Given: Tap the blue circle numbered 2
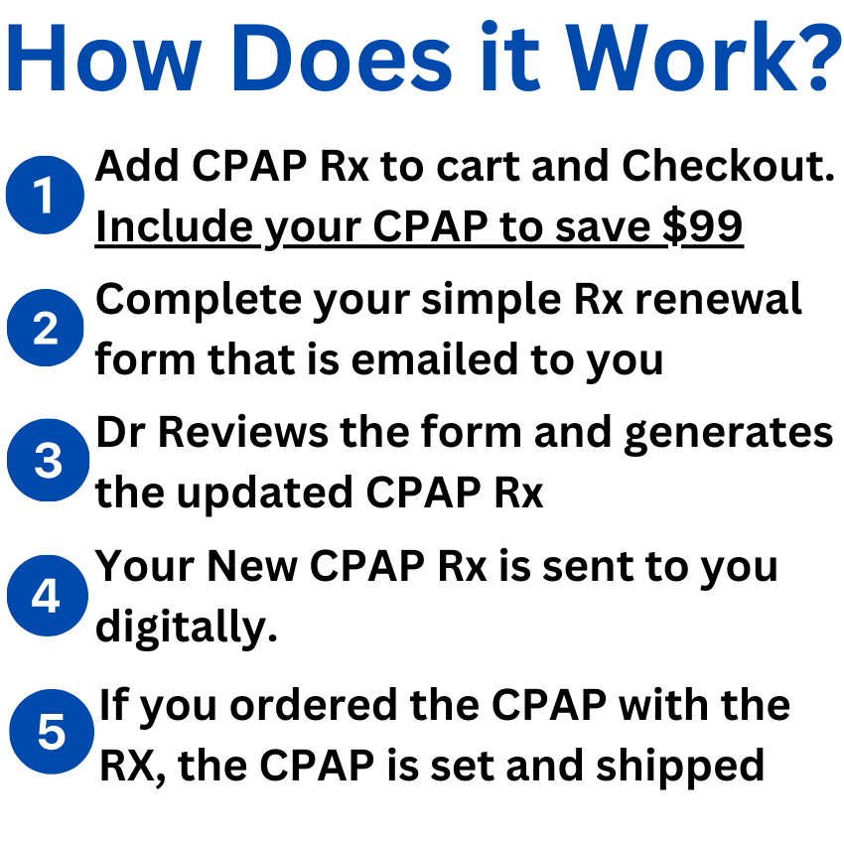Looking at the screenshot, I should pos(45,329).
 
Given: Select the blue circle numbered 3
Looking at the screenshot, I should pos(47,462).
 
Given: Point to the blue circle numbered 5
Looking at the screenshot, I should pos(51,733).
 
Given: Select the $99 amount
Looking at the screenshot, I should pos(703,227).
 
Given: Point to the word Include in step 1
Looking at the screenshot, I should pos(174,227).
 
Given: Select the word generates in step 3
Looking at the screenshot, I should pos(730,433).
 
